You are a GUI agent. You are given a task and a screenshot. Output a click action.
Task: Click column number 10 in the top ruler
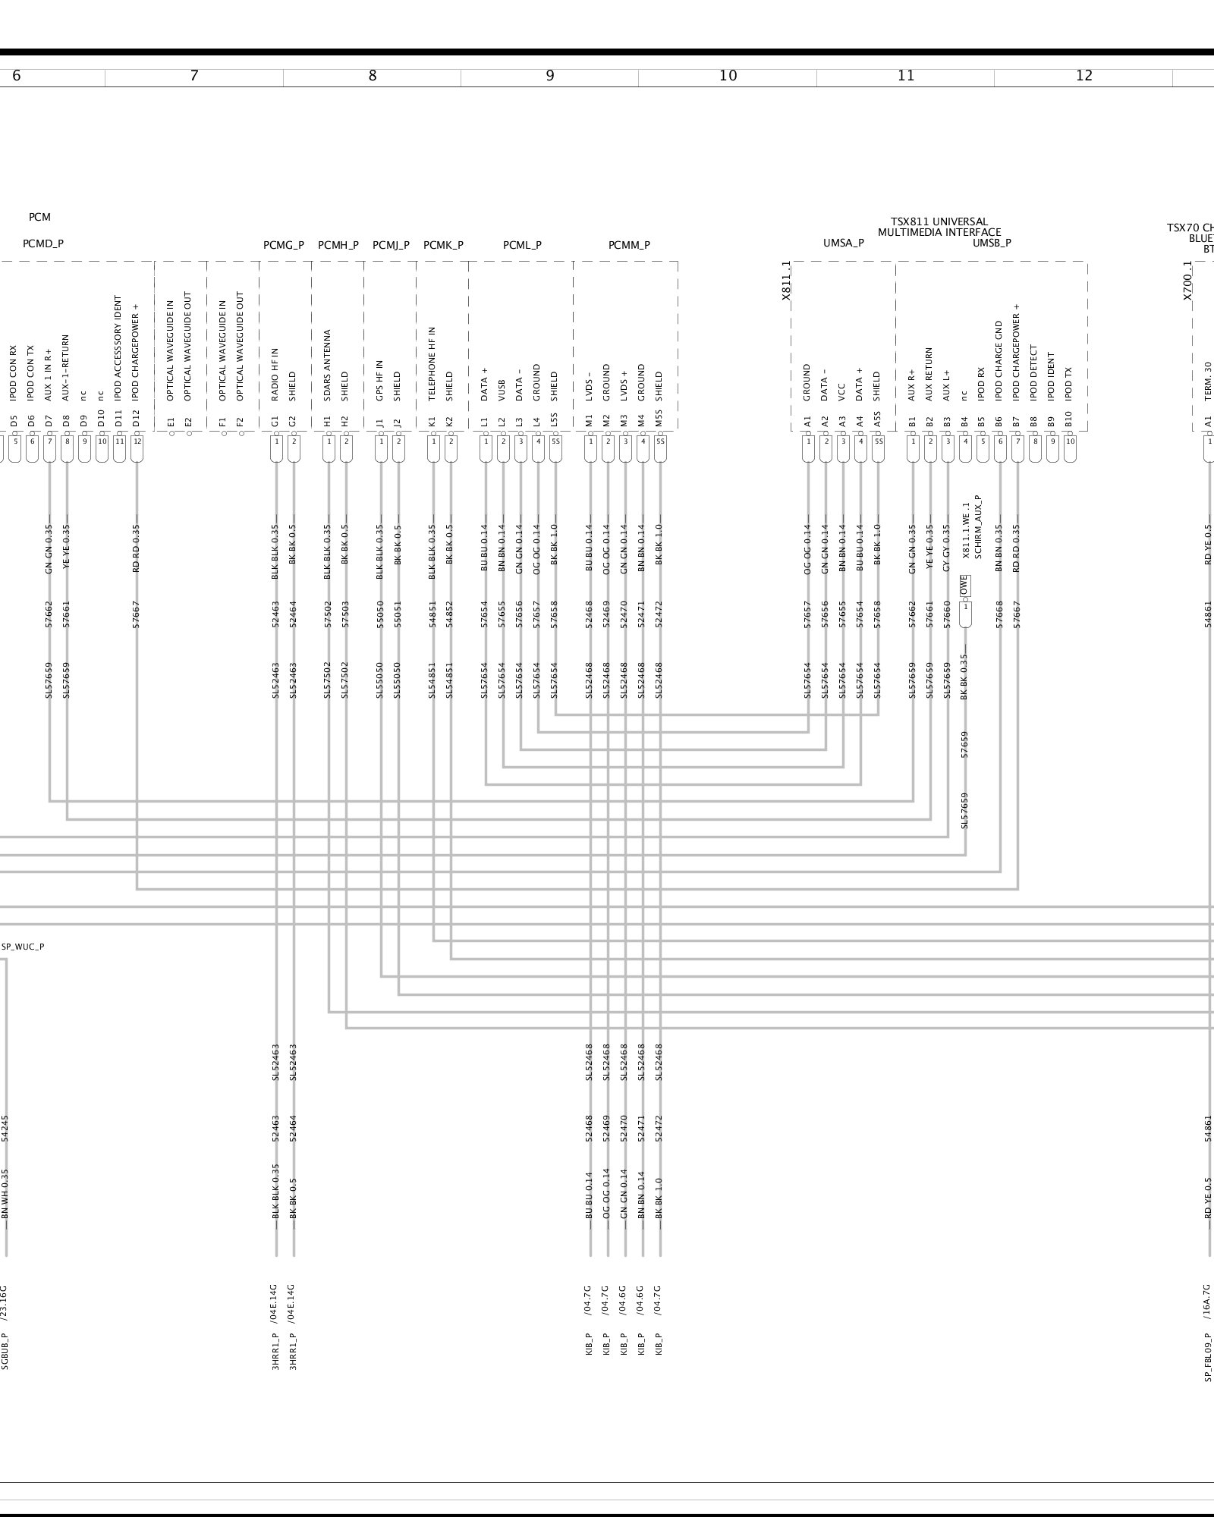tap(728, 76)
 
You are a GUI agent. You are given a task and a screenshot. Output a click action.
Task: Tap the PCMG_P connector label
tap(284, 245)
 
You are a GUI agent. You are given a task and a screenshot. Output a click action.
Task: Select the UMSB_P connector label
tap(992, 243)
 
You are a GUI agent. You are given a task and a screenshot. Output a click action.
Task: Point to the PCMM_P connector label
tap(629, 245)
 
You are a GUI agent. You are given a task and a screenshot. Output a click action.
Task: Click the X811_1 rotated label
tap(787, 281)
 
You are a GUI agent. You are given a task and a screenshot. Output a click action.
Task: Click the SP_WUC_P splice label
tap(23, 947)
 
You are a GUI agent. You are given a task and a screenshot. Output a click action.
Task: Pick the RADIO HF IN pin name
tap(275, 375)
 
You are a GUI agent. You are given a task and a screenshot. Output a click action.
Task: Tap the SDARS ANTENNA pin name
tap(328, 365)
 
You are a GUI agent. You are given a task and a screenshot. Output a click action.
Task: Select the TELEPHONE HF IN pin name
tap(432, 364)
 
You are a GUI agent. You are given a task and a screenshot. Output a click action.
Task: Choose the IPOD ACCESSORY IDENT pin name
tap(118, 348)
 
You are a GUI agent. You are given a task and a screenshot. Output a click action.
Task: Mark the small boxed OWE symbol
tap(964, 586)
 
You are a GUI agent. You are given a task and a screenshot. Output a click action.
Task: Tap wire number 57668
tap(999, 614)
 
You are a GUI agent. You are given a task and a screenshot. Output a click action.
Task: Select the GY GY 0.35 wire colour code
tap(947, 548)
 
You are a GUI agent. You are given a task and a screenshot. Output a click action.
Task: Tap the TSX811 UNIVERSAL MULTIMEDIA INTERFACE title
tap(939, 227)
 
